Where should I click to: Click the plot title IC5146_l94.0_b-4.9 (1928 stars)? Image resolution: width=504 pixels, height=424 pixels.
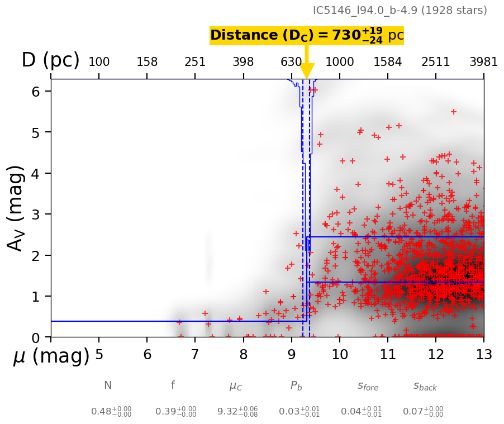400,11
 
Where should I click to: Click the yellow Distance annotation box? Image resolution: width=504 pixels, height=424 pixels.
306,36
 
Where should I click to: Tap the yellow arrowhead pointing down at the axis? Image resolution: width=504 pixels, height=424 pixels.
307,71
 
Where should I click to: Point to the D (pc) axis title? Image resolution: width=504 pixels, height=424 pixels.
50,60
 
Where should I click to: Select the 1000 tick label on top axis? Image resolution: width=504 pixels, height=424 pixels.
340,62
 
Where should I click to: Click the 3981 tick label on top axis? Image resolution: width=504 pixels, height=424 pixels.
483,62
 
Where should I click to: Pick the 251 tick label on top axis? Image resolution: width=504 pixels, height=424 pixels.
195,62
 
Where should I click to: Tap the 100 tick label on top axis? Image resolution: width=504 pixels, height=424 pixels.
99,62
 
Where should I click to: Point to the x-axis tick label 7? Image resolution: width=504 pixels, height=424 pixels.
195,355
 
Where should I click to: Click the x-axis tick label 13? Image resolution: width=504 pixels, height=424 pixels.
483,355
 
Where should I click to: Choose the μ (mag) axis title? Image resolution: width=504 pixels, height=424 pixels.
51,356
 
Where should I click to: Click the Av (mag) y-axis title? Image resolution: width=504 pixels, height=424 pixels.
17,208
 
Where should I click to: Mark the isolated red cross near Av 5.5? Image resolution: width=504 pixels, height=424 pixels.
453,112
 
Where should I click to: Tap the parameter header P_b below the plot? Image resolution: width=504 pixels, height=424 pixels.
296,385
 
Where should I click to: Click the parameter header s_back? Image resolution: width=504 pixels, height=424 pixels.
425,386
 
